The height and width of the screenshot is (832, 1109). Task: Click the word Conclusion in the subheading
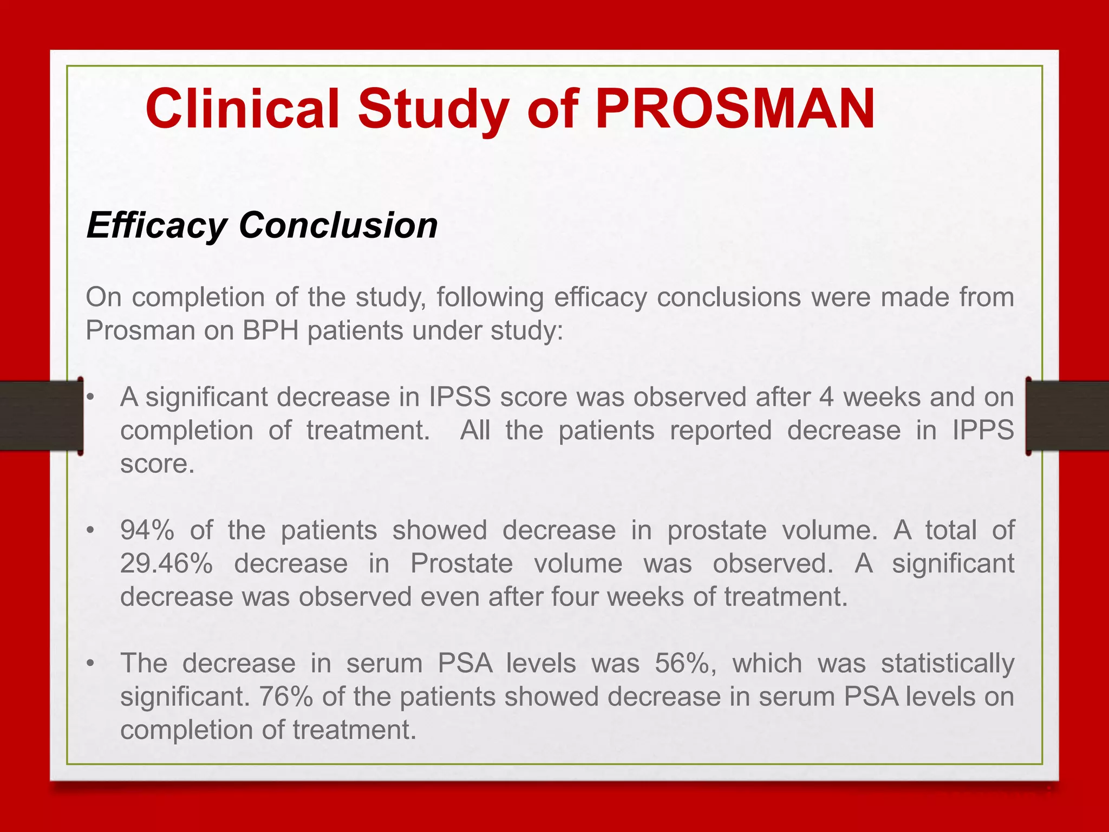point(338,225)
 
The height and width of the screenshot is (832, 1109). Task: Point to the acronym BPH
point(271,330)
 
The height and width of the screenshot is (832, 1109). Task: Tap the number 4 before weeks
point(826,397)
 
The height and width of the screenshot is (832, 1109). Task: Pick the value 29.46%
point(167,563)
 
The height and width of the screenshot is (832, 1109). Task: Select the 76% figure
point(286,697)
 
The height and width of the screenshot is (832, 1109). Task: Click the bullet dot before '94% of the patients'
point(91,530)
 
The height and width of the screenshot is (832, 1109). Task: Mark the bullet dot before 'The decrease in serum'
point(91,664)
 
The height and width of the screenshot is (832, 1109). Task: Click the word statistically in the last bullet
point(948,664)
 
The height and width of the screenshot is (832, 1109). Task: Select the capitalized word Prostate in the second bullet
point(462,563)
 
